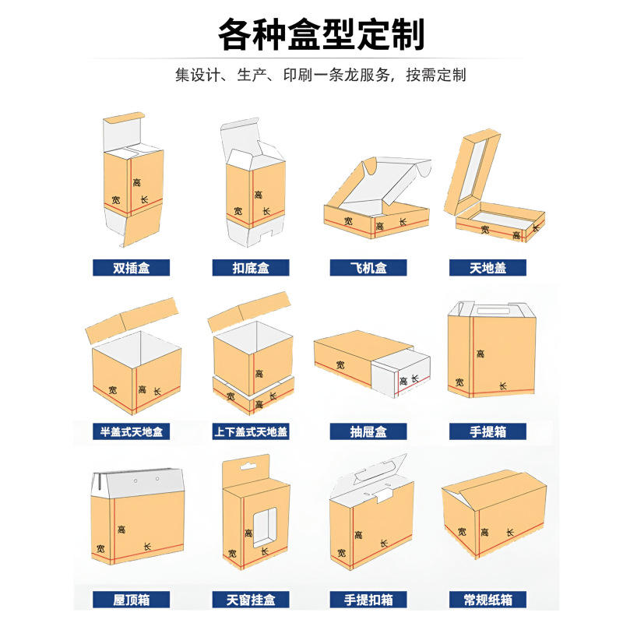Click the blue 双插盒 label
(x=131, y=267)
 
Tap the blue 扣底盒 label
(x=251, y=267)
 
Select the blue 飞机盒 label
(x=368, y=267)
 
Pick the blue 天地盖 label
(x=487, y=267)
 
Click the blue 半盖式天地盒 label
(x=131, y=431)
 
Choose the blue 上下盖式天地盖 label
(x=251, y=431)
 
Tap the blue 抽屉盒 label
(x=368, y=431)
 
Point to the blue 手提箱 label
(x=487, y=431)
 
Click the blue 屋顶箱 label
(x=131, y=600)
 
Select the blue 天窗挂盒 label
(x=251, y=600)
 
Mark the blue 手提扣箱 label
(x=368, y=600)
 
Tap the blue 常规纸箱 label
(x=487, y=600)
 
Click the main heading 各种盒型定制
(x=321, y=34)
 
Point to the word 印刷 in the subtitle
(x=298, y=75)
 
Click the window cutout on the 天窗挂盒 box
(x=265, y=527)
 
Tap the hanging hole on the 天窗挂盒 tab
(x=248, y=466)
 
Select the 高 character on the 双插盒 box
(x=137, y=182)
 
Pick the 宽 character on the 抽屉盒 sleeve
(x=340, y=364)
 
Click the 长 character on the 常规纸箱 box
(x=510, y=532)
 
